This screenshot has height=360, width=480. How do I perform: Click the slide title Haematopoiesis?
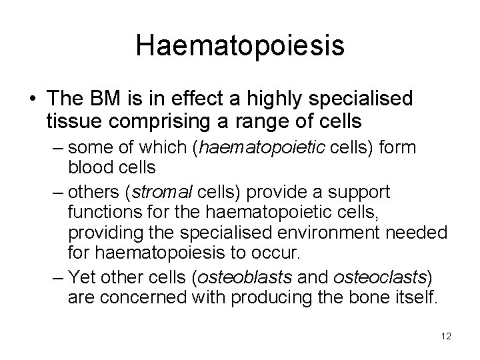[239, 46]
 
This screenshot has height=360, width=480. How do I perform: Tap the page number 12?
[446, 337]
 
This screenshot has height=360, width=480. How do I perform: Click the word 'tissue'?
[73, 122]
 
